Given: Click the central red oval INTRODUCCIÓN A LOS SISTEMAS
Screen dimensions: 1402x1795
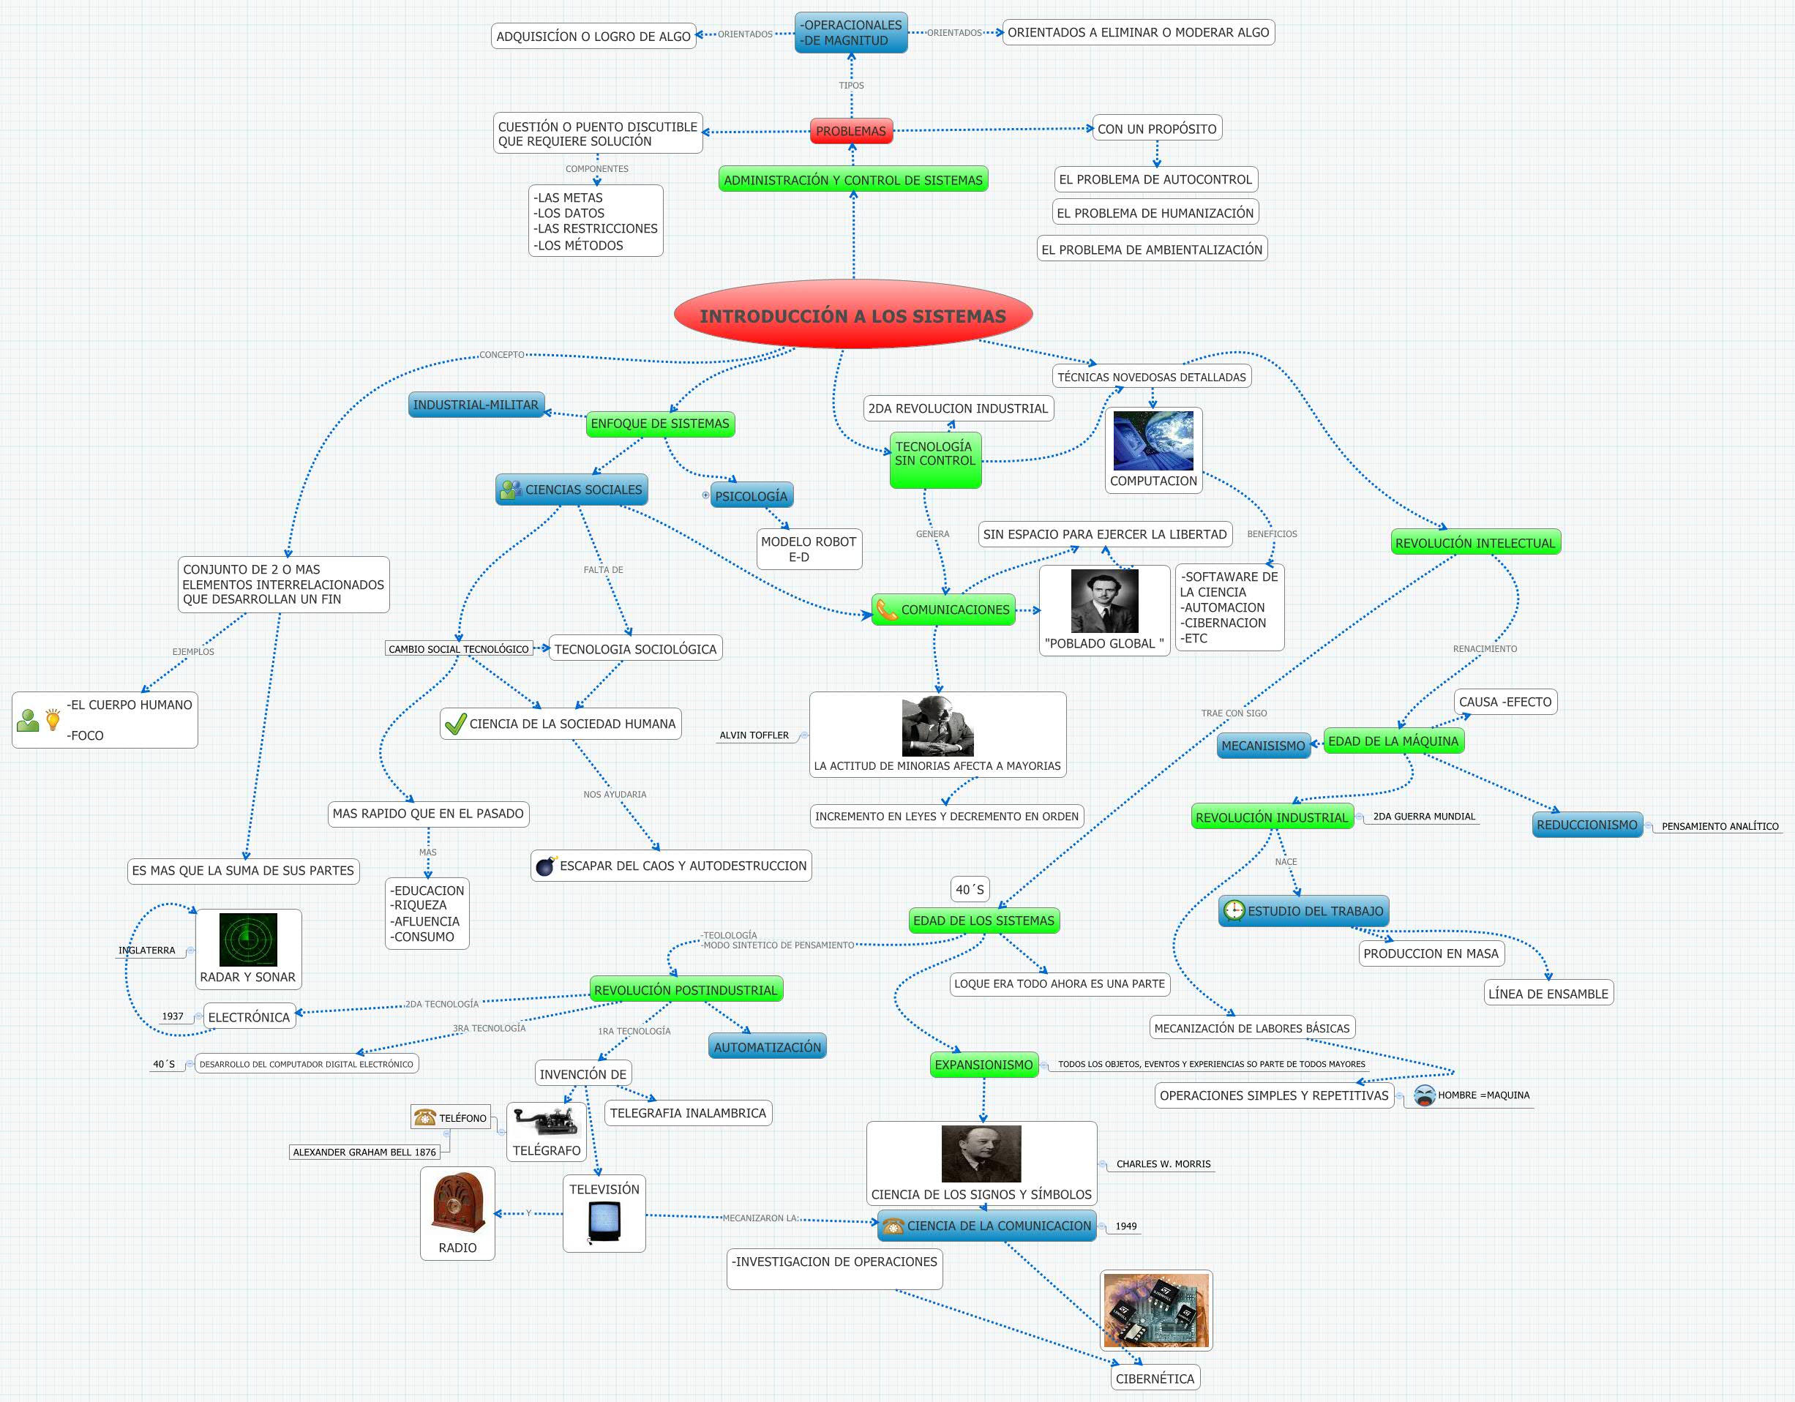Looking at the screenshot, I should point(852,315).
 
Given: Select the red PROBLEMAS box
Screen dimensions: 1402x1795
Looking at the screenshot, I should point(850,131).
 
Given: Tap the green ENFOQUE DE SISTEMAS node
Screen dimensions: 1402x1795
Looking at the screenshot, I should point(660,424).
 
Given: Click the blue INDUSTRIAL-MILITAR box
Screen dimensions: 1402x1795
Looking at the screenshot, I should point(476,405).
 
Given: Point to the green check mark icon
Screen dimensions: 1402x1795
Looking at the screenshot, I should point(454,723).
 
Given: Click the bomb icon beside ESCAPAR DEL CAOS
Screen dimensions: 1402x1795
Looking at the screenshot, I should point(545,866).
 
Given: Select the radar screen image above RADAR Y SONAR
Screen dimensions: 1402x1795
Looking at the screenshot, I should point(248,940).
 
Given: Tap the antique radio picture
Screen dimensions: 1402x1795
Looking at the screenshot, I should point(458,1203).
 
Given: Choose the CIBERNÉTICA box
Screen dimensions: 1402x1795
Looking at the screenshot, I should point(1154,1378).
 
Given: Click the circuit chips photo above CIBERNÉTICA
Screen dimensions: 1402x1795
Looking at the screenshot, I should point(1155,1310).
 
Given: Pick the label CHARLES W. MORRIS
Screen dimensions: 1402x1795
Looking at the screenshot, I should point(1163,1163).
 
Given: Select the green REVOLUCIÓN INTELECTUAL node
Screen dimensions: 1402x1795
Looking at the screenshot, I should point(1475,542).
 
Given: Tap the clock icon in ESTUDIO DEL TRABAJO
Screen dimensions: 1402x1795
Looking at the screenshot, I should point(1234,910).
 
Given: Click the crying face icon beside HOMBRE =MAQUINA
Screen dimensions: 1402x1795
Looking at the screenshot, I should point(1424,1095).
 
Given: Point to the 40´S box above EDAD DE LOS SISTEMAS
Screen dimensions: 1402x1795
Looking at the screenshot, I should point(969,889).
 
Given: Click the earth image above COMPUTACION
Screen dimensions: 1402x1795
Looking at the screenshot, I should point(1153,441).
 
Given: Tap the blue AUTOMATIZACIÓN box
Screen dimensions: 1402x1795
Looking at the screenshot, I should point(767,1047).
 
